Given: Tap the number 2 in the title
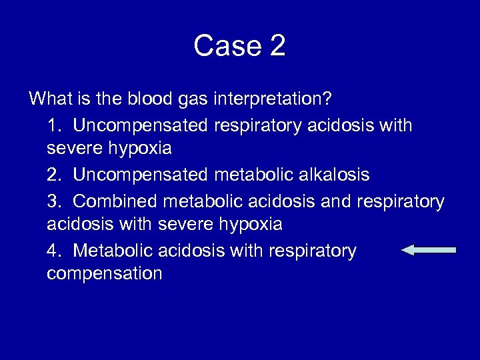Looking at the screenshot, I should coord(278,46).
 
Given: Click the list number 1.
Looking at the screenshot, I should coord(53,125).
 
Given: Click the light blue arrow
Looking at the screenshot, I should coord(429,250).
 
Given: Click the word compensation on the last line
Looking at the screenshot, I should coord(105,274).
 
